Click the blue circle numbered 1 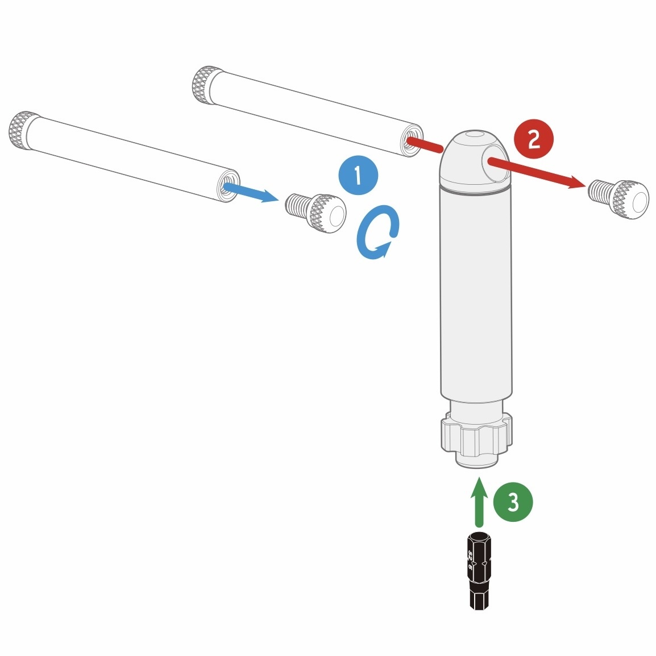coord(358,176)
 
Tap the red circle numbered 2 coord(533,139)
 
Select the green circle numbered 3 coord(513,502)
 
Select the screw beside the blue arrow coord(316,213)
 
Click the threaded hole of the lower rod coord(228,186)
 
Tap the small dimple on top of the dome coord(472,136)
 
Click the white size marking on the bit coord(471,559)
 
